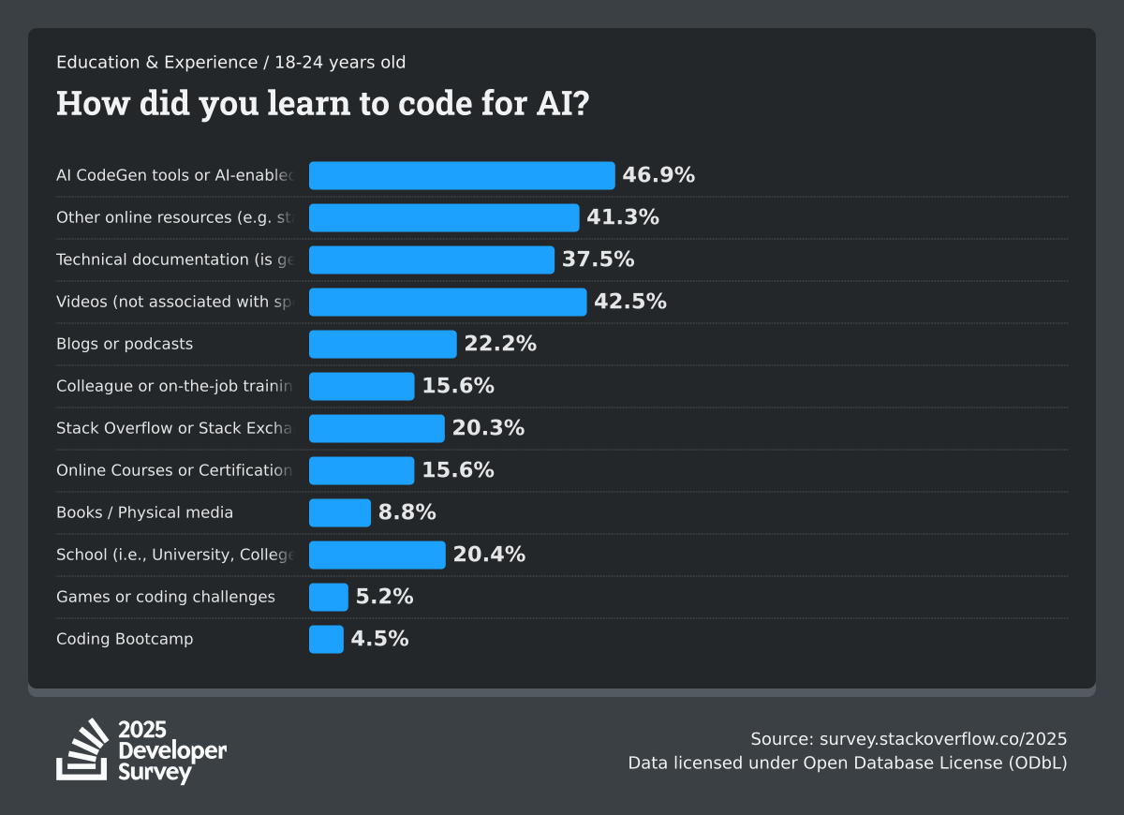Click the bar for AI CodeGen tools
point(462,175)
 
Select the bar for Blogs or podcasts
point(382,344)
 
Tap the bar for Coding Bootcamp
point(326,639)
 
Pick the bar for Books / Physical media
point(340,512)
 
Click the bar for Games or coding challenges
point(328,597)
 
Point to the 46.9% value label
point(658,175)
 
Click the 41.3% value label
point(623,217)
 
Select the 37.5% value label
point(598,259)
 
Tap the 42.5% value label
point(629,302)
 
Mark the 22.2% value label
point(500,344)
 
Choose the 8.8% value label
point(407,512)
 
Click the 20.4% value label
point(489,555)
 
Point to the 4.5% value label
point(379,639)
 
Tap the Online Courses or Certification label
point(174,470)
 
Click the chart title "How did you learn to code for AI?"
point(323,103)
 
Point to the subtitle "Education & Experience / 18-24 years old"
point(231,63)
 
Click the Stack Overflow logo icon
point(82,749)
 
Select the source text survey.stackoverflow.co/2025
point(909,738)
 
